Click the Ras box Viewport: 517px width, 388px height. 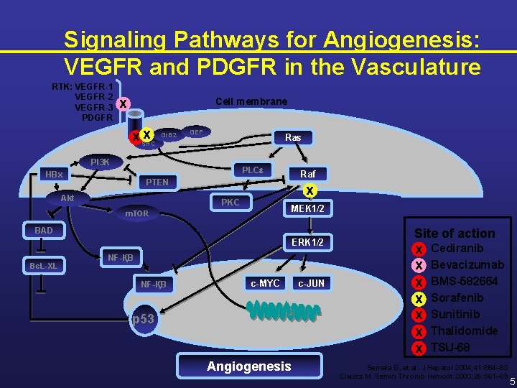(293, 137)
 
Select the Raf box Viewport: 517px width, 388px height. (307, 173)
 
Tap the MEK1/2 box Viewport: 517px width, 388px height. (307, 208)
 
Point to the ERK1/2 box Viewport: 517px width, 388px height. (307, 242)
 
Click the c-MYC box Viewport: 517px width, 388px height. (265, 283)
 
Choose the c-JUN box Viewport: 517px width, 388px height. (311, 283)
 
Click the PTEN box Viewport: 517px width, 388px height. (157, 182)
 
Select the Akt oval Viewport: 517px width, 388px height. (67, 198)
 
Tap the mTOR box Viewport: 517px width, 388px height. (136, 213)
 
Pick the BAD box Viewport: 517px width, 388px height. (44, 231)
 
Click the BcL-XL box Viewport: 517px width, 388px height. (43, 266)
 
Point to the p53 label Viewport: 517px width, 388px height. (143, 318)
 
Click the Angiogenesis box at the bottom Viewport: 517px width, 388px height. (248, 366)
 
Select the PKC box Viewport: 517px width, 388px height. (230, 203)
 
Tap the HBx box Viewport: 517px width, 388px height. (54, 175)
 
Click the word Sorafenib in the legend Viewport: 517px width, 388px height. (457, 297)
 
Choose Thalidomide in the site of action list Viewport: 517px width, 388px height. (464, 331)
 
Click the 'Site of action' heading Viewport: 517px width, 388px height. (455, 233)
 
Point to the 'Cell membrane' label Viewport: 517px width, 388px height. (251, 101)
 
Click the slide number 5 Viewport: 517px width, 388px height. (511, 381)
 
